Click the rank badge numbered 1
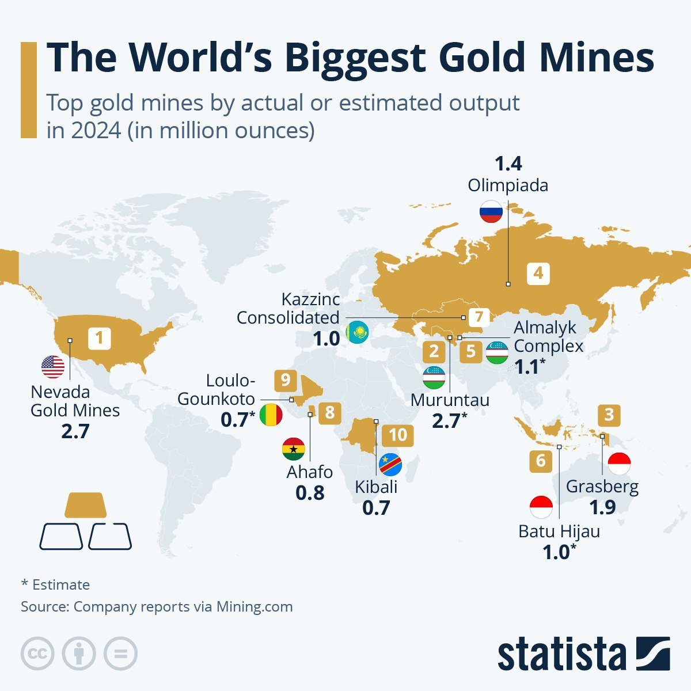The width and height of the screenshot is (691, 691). pyautogui.click(x=99, y=337)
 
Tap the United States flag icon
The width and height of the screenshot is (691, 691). pyautogui.click(x=53, y=367)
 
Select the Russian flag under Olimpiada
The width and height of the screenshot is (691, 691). pyautogui.click(x=491, y=211)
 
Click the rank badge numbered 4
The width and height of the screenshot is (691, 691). pyautogui.click(x=538, y=273)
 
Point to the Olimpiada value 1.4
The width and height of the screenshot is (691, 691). pyautogui.click(x=508, y=164)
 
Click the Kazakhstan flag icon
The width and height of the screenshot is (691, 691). pyautogui.click(x=357, y=333)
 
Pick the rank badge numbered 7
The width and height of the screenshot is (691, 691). pyautogui.click(x=479, y=317)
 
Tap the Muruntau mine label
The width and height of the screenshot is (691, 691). pyautogui.click(x=450, y=400)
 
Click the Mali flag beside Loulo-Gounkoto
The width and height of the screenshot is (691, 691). pyautogui.click(x=271, y=415)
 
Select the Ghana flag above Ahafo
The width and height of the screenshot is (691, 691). pyautogui.click(x=293, y=449)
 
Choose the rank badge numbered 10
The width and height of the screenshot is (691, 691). pyautogui.click(x=397, y=435)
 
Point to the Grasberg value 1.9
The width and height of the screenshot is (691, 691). pyautogui.click(x=602, y=507)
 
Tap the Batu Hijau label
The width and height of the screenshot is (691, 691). pyautogui.click(x=559, y=531)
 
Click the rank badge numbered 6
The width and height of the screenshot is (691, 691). pyautogui.click(x=540, y=461)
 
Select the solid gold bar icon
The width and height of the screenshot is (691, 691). pyautogui.click(x=85, y=505)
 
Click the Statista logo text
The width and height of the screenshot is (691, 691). pyautogui.click(x=561, y=655)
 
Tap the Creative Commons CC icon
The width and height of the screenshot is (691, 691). pyautogui.click(x=37, y=654)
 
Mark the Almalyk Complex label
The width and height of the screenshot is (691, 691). pyautogui.click(x=548, y=337)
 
